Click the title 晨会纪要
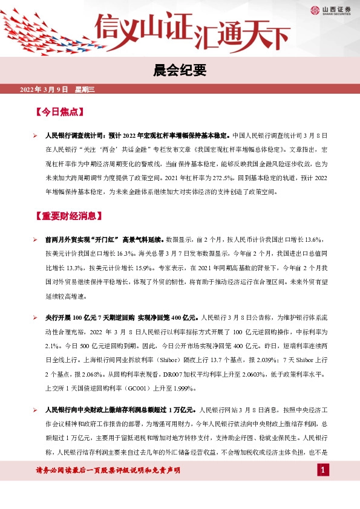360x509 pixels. [180, 71]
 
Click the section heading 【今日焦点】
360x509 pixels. [59, 112]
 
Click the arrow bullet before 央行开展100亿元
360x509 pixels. [35, 317]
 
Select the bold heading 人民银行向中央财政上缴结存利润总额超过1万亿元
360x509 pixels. [120, 406]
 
